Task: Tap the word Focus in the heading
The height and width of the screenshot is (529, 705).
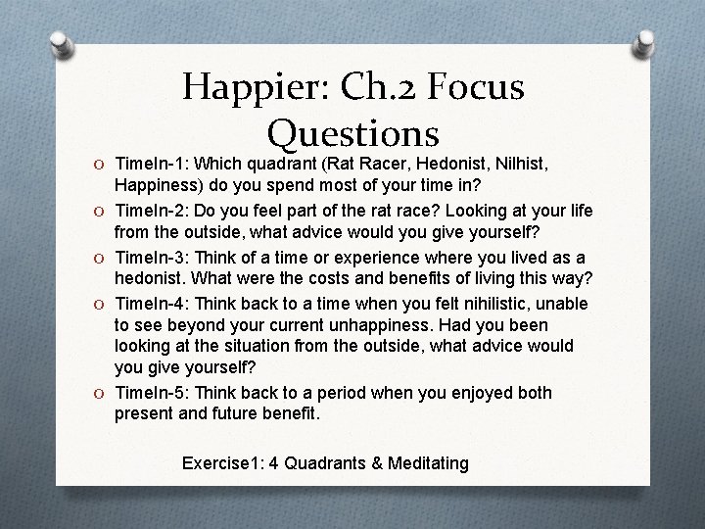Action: [470, 88]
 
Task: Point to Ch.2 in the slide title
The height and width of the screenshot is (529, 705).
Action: [379, 88]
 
